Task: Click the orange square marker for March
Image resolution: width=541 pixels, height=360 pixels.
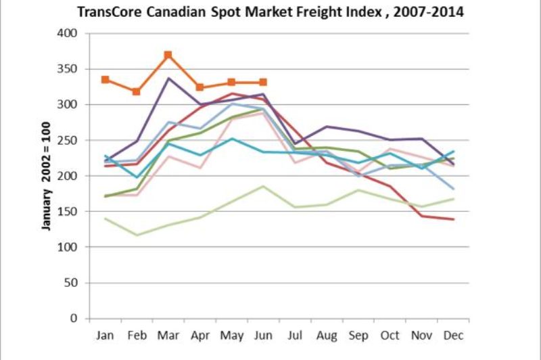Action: pyautogui.click(x=168, y=55)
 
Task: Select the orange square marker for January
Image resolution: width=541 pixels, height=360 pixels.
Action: pyautogui.click(x=105, y=80)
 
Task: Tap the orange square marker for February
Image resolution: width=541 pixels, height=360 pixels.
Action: pyautogui.click(x=136, y=91)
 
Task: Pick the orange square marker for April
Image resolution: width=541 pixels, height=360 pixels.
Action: pyautogui.click(x=199, y=87)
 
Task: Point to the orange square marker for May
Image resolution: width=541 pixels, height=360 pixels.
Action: pyautogui.click(x=231, y=83)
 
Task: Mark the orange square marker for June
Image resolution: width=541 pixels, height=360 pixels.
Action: pyautogui.click(x=263, y=83)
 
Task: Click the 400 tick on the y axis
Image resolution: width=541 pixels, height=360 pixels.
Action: pyautogui.click(x=69, y=33)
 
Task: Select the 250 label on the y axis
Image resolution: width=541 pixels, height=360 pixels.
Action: pyautogui.click(x=69, y=140)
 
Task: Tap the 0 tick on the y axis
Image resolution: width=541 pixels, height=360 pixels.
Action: pyautogui.click(x=74, y=318)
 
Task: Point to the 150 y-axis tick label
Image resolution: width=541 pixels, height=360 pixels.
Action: pyautogui.click(x=69, y=211)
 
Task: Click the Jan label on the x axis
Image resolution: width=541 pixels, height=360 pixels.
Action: pyautogui.click(x=105, y=335)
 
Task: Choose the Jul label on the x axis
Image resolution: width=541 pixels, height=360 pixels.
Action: pyautogui.click(x=295, y=335)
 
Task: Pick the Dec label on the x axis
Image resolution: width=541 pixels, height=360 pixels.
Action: pyautogui.click(x=453, y=335)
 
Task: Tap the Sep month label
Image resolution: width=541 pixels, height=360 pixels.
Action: pyautogui.click(x=358, y=335)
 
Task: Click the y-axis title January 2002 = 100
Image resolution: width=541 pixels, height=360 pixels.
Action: pyautogui.click(x=47, y=175)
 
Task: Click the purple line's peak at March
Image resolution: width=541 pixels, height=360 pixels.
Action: pyautogui.click(x=168, y=78)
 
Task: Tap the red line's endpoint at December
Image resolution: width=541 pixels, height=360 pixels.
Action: pyautogui.click(x=453, y=219)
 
